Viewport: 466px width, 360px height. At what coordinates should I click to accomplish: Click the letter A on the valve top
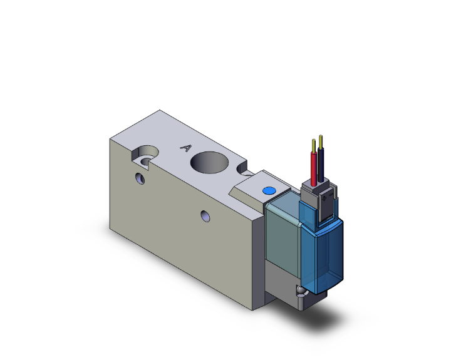click(x=185, y=148)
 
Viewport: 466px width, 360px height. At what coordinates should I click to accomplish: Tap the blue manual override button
click(x=269, y=190)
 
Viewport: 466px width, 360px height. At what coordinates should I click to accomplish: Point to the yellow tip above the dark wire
click(x=321, y=138)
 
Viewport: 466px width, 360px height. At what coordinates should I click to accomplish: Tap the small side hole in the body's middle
click(x=205, y=216)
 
